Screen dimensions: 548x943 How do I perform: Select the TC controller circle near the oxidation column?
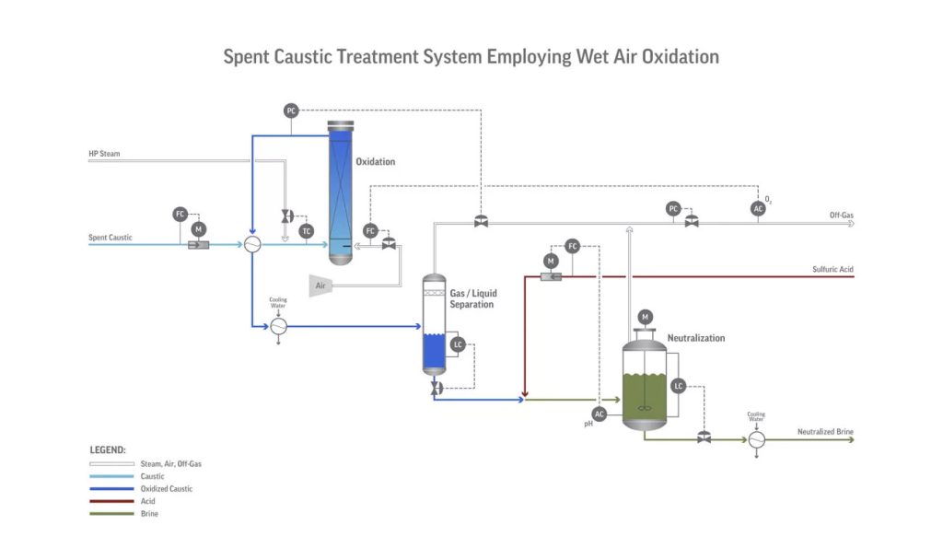(x=307, y=230)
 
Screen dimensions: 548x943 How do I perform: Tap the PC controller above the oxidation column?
(x=291, y=111)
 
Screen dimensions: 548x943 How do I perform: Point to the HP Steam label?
(x=104, y=154)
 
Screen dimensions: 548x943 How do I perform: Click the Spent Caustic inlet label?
(x=111, y=238)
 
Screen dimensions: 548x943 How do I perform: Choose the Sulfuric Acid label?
(x=832, y=270)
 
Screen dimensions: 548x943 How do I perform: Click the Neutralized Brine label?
(x=824, y=432)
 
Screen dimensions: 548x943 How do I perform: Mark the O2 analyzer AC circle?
(x=758, y=209)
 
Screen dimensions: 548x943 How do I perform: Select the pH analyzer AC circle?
(x=600, y=414)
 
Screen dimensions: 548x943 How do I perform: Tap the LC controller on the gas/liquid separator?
(x=458, y=344)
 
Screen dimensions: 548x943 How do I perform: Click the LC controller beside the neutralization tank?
(x=679, y=386)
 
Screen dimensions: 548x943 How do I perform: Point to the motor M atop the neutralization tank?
(x=645, y=317)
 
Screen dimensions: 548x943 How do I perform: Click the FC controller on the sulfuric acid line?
(x=572, y=246)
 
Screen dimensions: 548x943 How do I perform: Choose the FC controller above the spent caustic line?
(x=180, y=214)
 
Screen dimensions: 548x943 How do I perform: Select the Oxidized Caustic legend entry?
(x=167, y=489)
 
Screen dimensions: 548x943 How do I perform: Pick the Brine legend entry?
(x=149, y=513)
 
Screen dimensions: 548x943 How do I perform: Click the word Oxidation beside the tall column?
(x=376, y=162)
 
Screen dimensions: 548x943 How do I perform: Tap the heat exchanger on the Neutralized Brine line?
(x=756, y=440)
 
